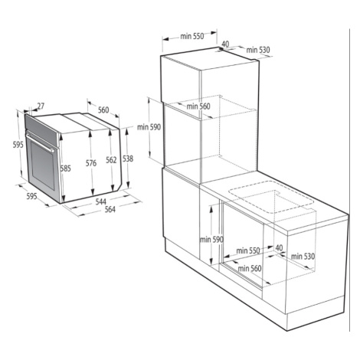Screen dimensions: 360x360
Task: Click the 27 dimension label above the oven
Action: (41, 106)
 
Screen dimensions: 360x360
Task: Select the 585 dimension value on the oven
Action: (66, 169)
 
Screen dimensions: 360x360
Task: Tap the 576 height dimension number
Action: (91, 163)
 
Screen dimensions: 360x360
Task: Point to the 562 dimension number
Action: (111, 160)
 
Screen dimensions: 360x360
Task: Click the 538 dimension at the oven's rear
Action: (128, 159)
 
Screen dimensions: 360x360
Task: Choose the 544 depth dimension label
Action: (101, 201)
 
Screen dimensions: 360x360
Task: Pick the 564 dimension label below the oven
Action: (110, 209)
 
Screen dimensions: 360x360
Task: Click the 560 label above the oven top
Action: (103, 110)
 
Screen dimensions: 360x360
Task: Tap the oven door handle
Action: (40, 142)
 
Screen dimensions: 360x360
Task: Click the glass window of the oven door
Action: (43, 165)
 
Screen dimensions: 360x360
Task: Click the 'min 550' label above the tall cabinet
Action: (192, 36)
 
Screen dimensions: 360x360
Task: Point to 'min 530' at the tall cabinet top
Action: (258, 50)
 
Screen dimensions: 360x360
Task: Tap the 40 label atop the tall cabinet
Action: (225, 44)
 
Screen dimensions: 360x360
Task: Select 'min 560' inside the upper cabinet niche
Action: (198, 106)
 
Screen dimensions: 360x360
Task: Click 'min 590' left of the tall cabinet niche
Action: (149, 127)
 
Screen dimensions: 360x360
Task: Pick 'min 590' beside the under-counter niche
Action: (211, 240)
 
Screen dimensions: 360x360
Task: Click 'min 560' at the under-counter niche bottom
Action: (250, 268)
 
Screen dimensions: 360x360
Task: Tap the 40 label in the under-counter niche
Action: (279, 247)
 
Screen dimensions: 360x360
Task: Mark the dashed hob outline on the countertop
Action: (270, 197)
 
